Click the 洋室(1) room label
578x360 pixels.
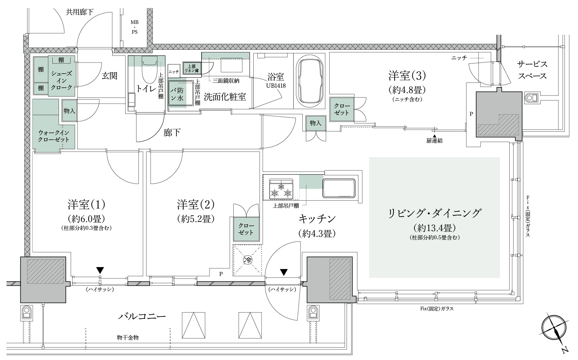[x=86, y=205]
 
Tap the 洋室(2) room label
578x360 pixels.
[x=196, y=205]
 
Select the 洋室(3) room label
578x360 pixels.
[x=407, y=76]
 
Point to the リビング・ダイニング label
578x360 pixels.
[x=435, y=213]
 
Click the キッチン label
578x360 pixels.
[x=317, y=218]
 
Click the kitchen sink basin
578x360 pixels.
[x=339, y=188]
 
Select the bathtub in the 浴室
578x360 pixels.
[x=310, y=80]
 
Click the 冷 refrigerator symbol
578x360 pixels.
[x=247, y=260]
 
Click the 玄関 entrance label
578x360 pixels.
[x=109, y=76]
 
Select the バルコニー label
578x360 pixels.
[x=142, y=317]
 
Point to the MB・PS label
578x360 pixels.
[x=134, y=27]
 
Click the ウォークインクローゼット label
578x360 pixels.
[x=54, y=136]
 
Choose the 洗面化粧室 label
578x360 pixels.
[x=225, y=97]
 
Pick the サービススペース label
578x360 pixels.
[x=532, y=70]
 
